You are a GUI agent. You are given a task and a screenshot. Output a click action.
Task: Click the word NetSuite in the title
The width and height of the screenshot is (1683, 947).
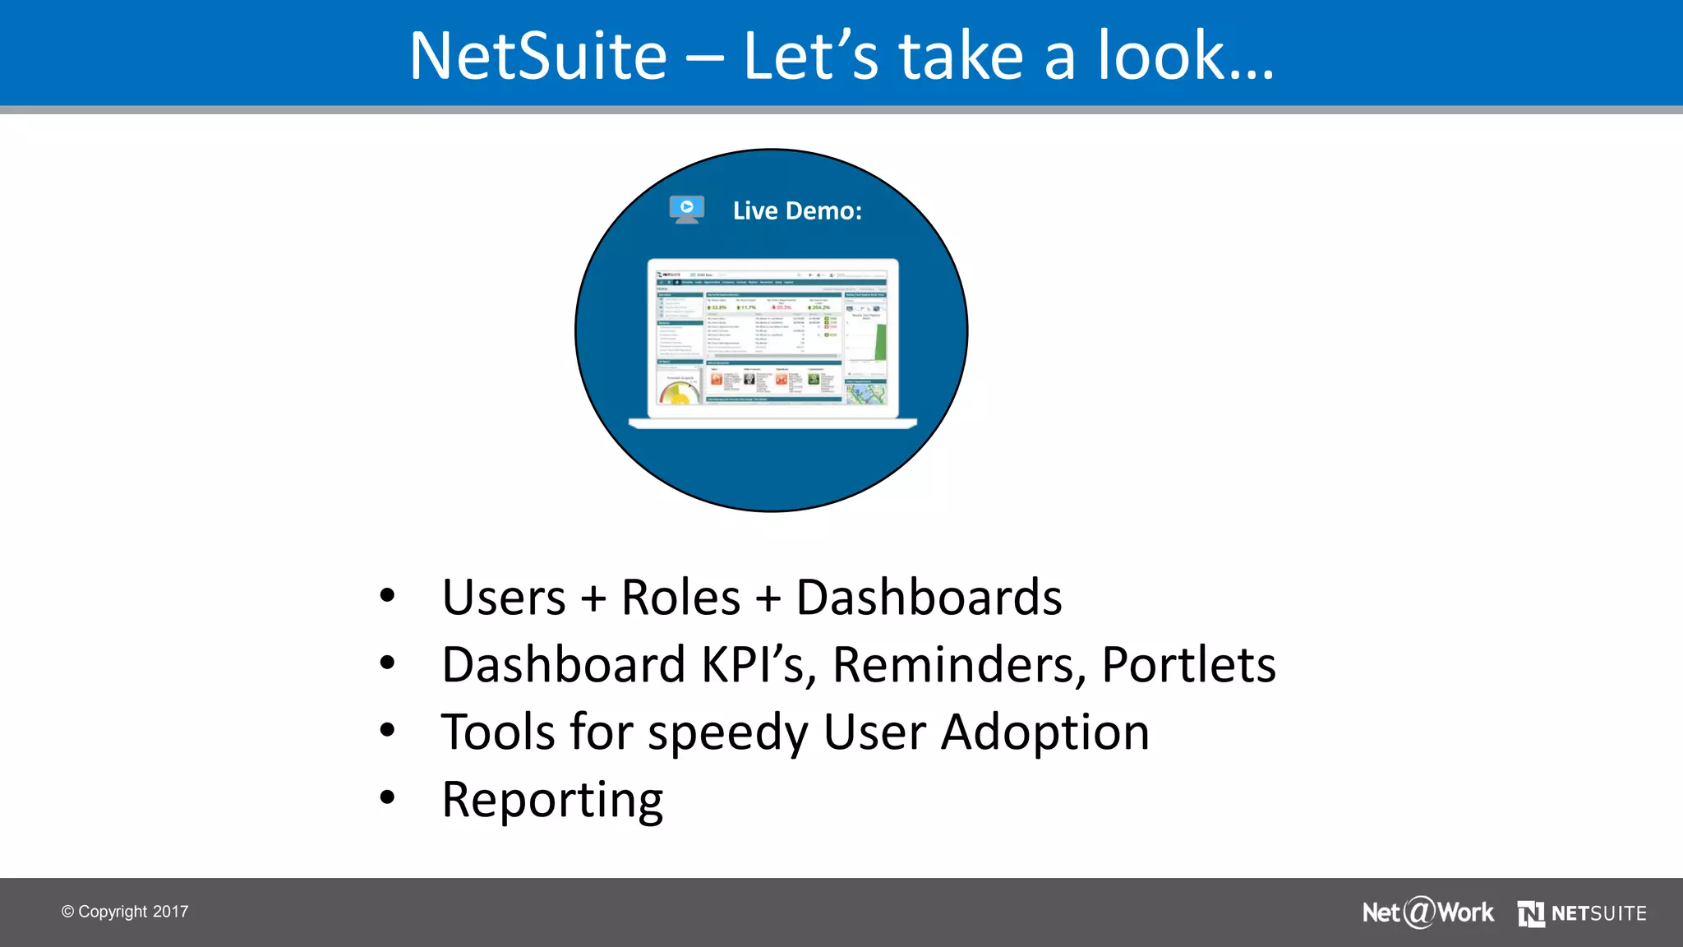(538, 56)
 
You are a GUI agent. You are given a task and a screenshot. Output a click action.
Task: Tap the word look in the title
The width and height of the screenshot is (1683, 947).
(1162, 56)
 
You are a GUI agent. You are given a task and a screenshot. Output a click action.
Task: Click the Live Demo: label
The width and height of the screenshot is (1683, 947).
(797, 211)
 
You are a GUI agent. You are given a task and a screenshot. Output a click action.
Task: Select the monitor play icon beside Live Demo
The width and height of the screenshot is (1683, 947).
(686, 209)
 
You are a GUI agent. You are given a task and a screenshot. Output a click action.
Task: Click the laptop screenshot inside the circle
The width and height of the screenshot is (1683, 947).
(772, 339)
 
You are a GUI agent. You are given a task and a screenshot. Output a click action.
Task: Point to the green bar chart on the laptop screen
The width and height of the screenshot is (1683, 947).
(880, 342)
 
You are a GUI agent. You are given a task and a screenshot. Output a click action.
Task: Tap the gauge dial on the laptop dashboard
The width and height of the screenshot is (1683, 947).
(679, 393)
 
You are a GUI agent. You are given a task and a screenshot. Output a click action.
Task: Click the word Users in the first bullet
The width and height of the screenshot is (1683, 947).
(504, 598)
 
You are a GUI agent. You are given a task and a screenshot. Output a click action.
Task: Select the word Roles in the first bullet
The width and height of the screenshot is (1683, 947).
(680, 598)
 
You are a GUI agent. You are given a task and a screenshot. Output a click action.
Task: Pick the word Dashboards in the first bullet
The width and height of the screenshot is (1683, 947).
(929, 598)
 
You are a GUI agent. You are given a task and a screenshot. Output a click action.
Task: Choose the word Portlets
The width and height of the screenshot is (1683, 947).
(1188, 665)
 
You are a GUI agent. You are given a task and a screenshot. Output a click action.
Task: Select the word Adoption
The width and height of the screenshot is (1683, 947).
(1044, 732)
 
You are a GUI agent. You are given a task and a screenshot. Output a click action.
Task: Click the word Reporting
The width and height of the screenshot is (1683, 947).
(552, 800)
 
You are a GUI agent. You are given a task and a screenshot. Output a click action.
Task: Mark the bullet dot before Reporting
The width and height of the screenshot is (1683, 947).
(388, 797)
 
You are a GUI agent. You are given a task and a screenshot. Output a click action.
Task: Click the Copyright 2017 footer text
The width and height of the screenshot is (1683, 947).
(125, 912)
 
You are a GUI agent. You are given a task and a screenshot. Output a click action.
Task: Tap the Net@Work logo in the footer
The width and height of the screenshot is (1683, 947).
(1427, 912)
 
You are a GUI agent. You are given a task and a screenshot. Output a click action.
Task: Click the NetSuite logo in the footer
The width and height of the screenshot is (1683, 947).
(1582, 913)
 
